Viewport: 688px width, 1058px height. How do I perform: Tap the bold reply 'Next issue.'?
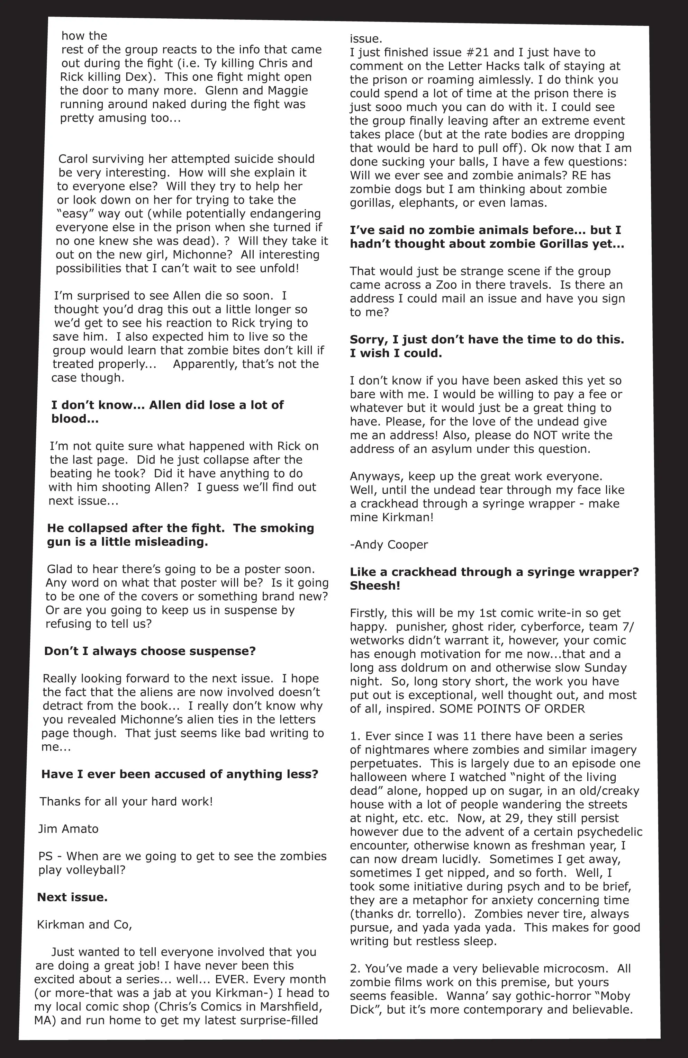[72, 897]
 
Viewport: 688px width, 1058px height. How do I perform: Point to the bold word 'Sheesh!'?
[375, 585]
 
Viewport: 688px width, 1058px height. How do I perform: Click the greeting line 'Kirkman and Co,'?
[84, 925]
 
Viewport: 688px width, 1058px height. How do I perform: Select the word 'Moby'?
[614, 996]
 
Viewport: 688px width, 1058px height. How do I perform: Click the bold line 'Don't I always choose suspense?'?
[150, 651]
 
